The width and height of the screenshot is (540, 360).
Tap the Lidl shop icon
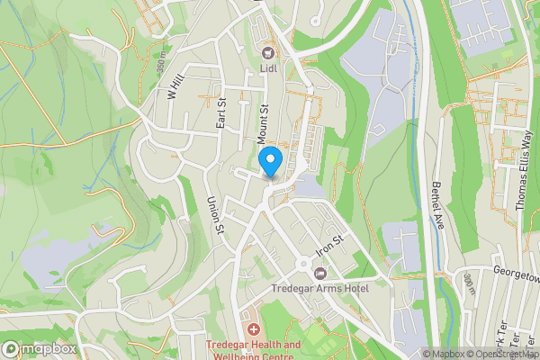coord(268,51)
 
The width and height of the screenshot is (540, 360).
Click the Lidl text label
coord(268,67)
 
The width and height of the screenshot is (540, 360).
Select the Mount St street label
coord(264,124)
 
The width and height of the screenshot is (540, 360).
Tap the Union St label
coord(215,215)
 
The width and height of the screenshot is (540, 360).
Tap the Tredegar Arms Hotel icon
coord(320,273)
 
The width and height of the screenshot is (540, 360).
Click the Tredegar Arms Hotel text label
coord(319,289)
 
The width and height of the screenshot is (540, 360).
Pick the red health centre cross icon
coord(252,330)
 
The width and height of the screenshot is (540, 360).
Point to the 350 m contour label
coord(161,66)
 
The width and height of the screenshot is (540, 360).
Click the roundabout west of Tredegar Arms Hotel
coord(301,264)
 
